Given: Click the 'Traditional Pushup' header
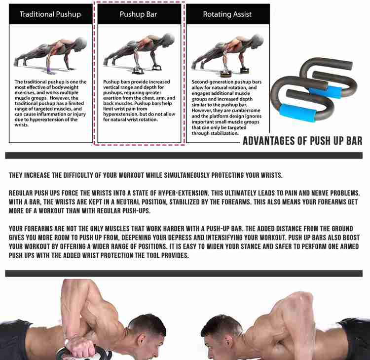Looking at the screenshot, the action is pyautogui.click(x=50, y=14).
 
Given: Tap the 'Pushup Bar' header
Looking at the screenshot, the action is pyautogui.click(x=138, y=14).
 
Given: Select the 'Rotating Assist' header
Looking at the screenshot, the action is pyautogui.click(x=227, y=14).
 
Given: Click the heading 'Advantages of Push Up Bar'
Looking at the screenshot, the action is pyautogui.click(x=302, y=141).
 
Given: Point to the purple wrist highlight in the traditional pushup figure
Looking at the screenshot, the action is pyautogui.click(x=49, y=70).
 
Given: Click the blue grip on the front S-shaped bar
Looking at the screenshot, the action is pyautogui.click(x=297, y=113).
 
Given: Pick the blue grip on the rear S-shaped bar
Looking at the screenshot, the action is pyautogui.click(x=326, y=92).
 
